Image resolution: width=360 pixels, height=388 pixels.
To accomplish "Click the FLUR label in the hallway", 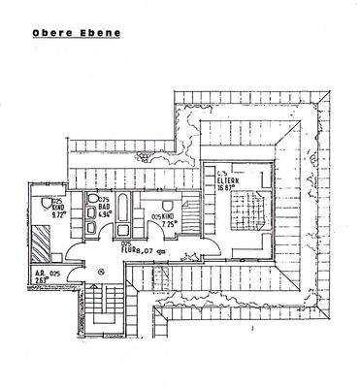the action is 129,249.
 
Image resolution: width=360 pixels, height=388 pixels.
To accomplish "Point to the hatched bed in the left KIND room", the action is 42,236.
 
